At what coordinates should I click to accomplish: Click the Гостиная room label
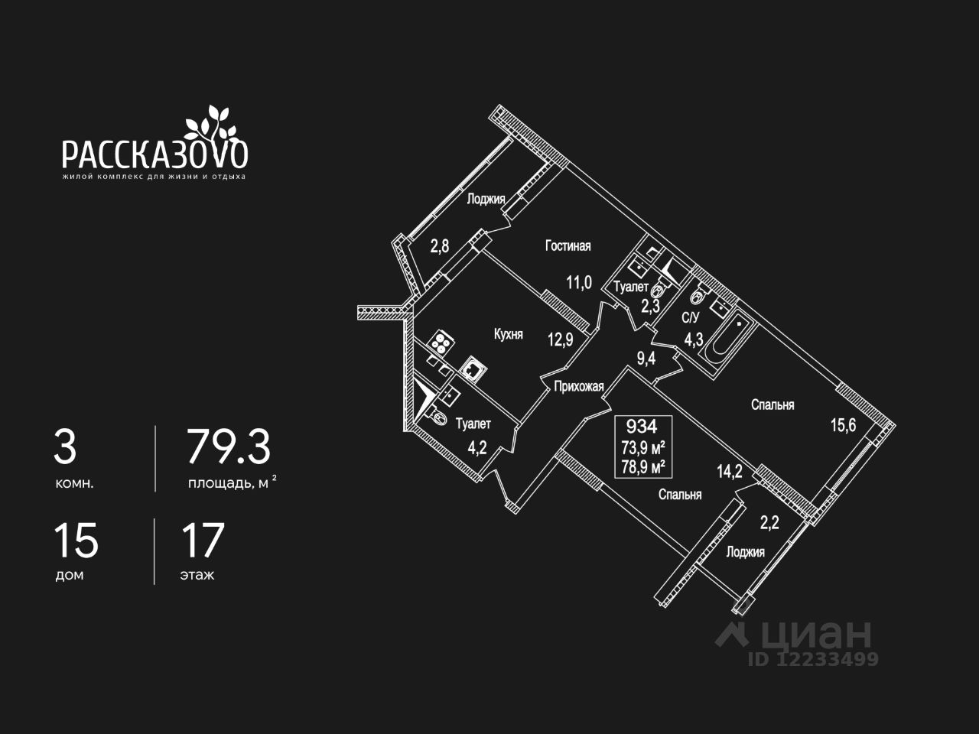568,245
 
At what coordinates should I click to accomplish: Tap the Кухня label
509,334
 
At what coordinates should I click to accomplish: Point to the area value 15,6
843,425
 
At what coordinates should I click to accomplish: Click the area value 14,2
729,471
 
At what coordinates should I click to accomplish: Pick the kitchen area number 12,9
560,339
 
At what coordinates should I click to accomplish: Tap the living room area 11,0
579,282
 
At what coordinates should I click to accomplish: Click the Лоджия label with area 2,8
486,200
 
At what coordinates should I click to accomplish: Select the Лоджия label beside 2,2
745,552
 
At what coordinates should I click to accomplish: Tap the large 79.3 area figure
229,448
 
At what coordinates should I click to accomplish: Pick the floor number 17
203,541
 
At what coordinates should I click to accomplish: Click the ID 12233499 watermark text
813,659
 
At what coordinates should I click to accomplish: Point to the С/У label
691,317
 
